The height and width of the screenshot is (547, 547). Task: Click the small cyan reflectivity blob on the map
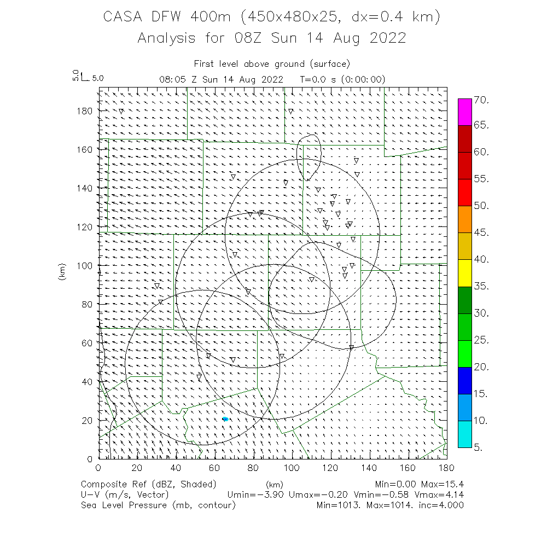coord(225,419)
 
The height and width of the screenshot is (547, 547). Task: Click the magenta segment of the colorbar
coord(464,112)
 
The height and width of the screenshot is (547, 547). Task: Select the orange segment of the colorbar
coord(464,219)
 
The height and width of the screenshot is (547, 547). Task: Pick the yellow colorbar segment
coord(464,272)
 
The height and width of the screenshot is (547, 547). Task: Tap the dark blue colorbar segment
coord(464,380)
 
